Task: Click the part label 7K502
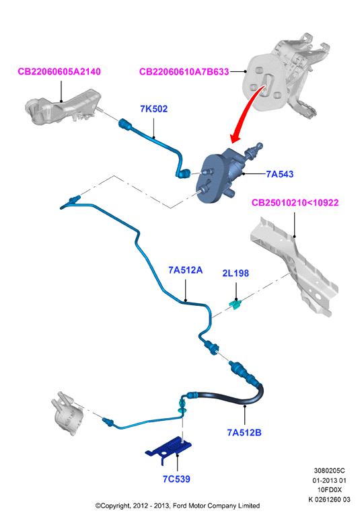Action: (x=153, y=109)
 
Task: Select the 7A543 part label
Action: (x=280, y=174)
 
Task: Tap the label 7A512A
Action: (x=186, y=270)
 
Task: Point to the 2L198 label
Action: (x=236, y=273)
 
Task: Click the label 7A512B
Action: (x=244, y=432)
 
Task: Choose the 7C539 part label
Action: (x=176, y=479)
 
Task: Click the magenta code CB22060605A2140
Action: (x=59, y=72)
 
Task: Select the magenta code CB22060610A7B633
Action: (x=184, y=72)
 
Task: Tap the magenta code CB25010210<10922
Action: (x=295, y=202)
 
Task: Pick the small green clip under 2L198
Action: (x=236, y=304)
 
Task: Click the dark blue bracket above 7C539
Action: (x=169, y=450)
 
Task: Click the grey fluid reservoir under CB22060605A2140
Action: (x=63, y=108)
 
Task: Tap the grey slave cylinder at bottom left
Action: (x=66, y=413)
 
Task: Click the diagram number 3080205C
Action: (x=329, y=471)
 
